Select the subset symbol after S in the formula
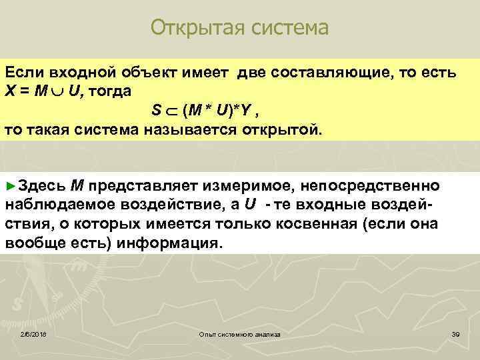click(x=171, y=110)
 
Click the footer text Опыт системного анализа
click(x=240, y=333)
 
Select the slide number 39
click(x=456, y=333)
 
